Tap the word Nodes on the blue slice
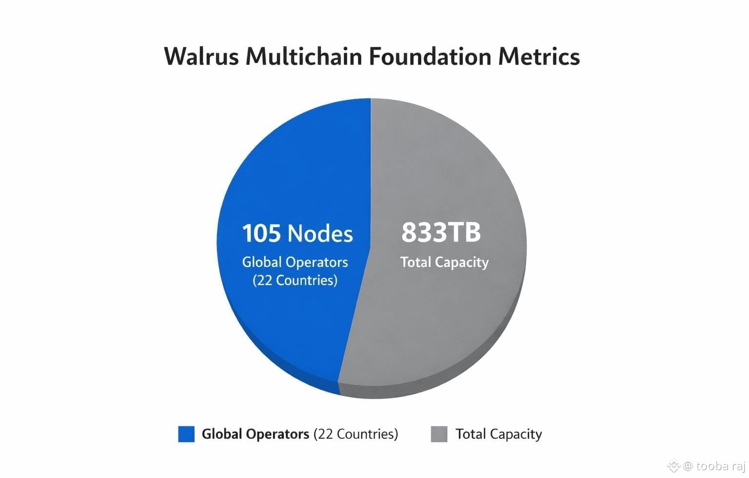[x=320, y=233]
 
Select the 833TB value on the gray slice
[x=441, y=232]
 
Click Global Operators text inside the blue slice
[x=295, y=262]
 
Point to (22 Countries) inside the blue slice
[x=295, y=280]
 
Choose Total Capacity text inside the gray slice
[x=444, y=262]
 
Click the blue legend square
[x=186, y=434]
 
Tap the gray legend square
[x=439, y=434]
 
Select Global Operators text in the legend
[x=256, y=434]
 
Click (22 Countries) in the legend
[x=355, y=434]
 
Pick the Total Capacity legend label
[x=498, y=434]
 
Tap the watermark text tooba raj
[x=720, y=466]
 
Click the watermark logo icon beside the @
[x=673, y=466]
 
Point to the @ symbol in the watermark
[x=688, y=466]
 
